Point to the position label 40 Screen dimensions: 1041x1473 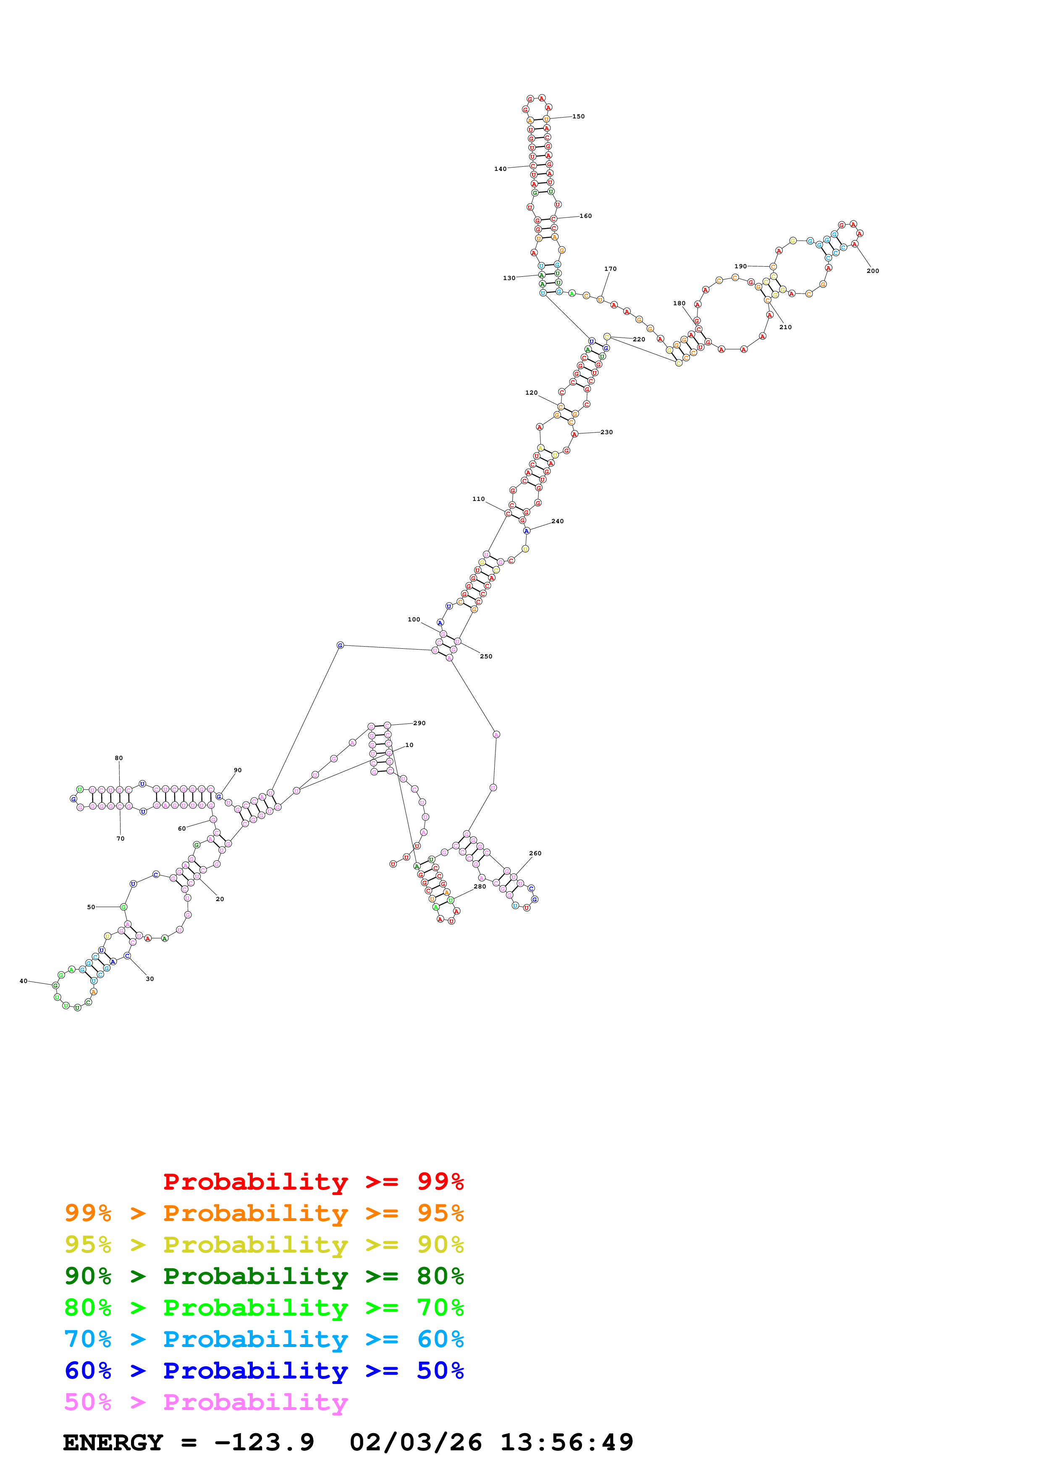pos(24,981)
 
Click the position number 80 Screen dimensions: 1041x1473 pos(119,757)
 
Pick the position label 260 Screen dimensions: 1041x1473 pos(535,853)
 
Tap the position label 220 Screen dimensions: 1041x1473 pos(639,339)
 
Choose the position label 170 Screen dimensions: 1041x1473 pos(610,269)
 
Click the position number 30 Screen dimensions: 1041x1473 pos(149,979)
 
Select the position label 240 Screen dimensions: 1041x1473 pos(557,521)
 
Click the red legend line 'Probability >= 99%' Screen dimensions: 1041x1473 pos(313,1181)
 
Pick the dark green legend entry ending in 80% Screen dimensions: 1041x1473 pos(264,1275)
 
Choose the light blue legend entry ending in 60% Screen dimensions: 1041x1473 pos(264,1339)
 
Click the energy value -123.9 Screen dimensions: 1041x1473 pos(264,1442)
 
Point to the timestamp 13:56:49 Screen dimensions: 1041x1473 pos(566,1442)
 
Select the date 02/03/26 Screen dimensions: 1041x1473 pos(416,1442)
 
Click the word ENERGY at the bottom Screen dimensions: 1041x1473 pos(113,1442)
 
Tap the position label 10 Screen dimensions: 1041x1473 pos(409,745)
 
